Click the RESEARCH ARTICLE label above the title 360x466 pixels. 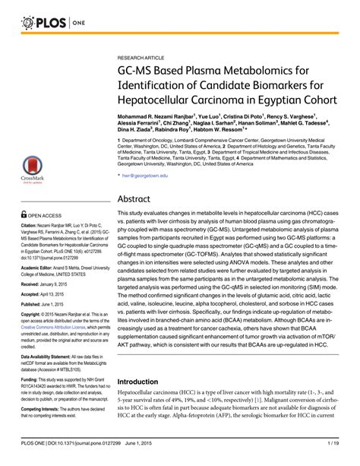(144, 57)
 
